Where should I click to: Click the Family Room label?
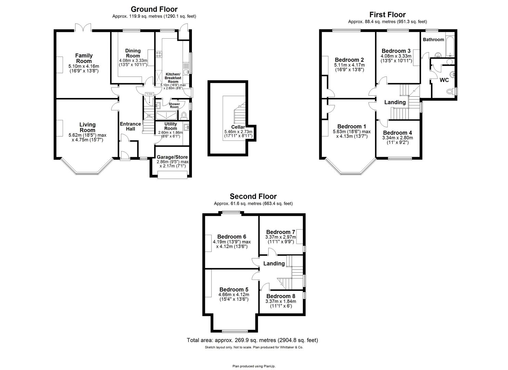(x=84, y=58)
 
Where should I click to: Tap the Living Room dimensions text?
(x=86, y=137)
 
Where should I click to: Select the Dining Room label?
(x=133, y=53)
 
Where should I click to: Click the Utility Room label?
(x=170, y=126)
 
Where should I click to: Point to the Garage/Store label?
(x=172, y=157)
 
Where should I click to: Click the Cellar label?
(x=238, y=127)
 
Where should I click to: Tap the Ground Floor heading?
(x=154, y=9)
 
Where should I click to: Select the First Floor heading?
(x=387, y=14)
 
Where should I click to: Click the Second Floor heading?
(x=253, y=196)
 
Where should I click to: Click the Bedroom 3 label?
(x=396, y=51)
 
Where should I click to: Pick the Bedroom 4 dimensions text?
(x=397, y=140)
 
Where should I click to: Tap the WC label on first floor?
(x=444, y=80)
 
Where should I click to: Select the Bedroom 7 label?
(x=281, y=232)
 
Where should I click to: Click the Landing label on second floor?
(x=274, y=263)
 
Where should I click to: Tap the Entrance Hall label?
(x=130, y=126)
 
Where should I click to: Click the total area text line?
(x=252, y=340)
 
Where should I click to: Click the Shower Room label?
(x=174, y=106)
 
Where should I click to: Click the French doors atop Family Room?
(x=83, y=27)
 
